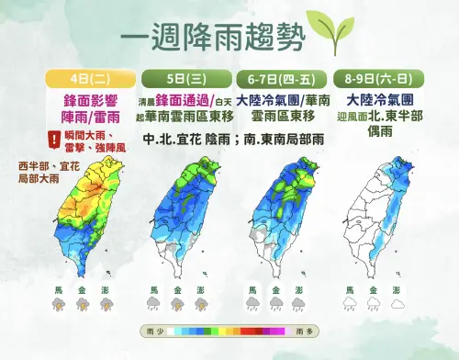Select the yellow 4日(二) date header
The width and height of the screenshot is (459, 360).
tap(89, 77)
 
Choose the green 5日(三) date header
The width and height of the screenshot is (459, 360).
tap(185, 77)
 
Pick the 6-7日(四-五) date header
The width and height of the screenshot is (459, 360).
tap(279, 77)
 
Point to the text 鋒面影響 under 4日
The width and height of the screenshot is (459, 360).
tap(89, 98)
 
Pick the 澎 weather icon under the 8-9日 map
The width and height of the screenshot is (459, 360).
tap(396, 301)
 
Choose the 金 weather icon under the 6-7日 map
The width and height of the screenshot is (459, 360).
tap(274, 301)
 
